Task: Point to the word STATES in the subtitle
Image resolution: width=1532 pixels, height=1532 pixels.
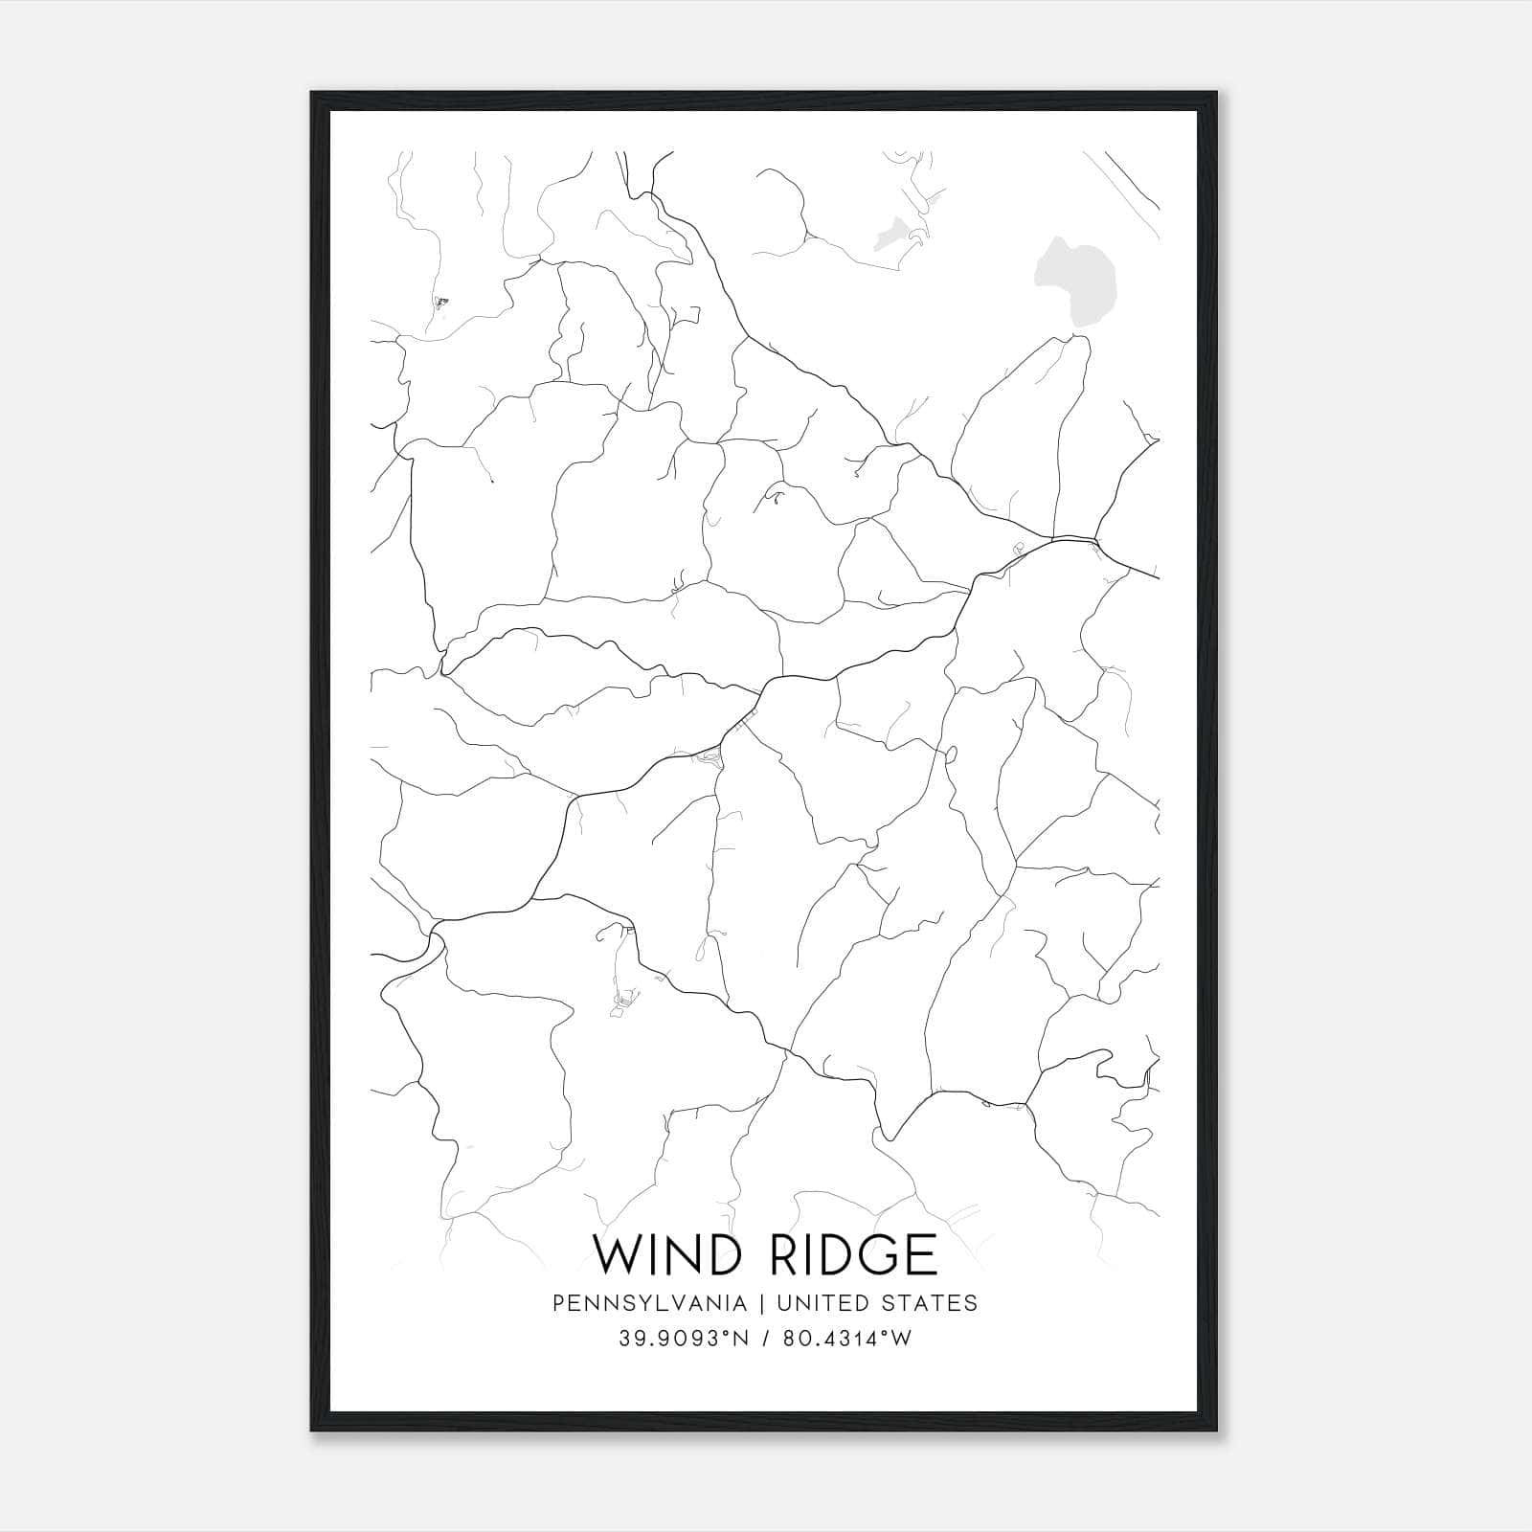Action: pyautogui.click(x=928, y=1302)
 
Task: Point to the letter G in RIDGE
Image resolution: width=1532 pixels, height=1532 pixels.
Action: pyautogui.click(x=878, y=1254)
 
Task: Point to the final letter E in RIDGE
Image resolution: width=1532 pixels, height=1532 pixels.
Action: pyautogui.click(x=924, y=1254)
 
